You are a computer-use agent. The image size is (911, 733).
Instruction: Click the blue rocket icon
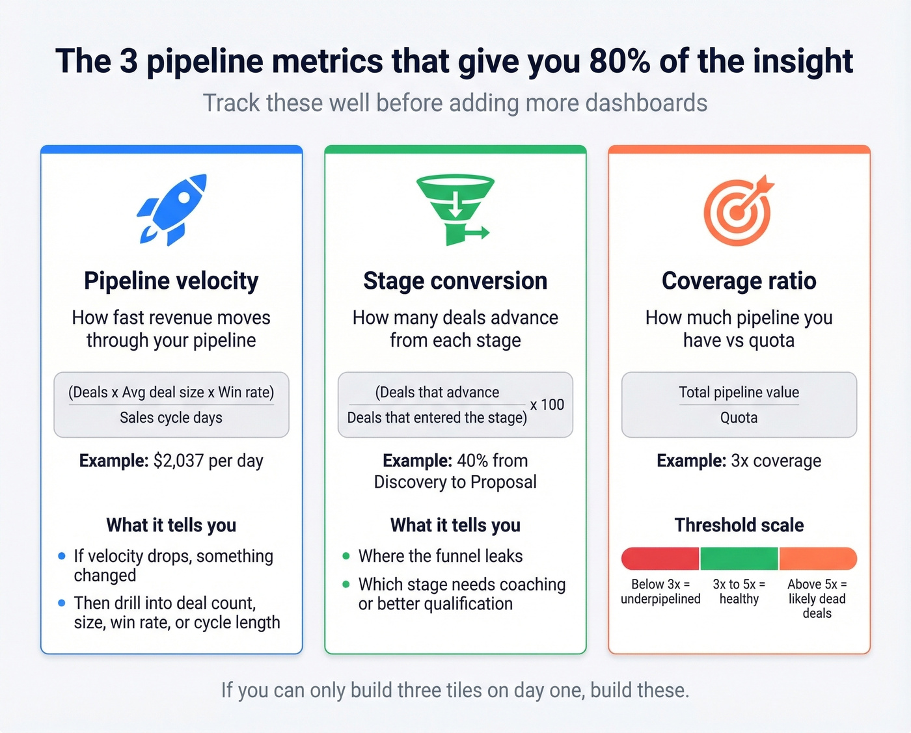(x=172, y=209)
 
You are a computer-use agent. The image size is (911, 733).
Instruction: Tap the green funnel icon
(x=454, y=209)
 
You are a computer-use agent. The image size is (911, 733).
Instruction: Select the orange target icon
(x=738, y=210)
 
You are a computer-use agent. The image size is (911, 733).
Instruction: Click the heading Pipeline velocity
(x=171, y=281)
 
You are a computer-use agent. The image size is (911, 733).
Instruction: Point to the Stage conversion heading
(x=455, y=281)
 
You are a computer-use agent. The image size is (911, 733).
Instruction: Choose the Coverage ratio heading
(x=739, y=281)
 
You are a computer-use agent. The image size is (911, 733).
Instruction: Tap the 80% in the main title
(x=619, y=62)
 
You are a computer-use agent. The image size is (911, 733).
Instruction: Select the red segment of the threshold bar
(x=660, y=559)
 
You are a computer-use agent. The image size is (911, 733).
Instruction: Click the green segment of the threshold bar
(x=739, y=559)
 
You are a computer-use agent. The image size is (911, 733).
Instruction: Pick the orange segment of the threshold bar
(x=817, y=559)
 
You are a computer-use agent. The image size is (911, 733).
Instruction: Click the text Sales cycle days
(x=171, y=418)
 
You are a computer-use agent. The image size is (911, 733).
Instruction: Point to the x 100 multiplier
(x=547, y=405)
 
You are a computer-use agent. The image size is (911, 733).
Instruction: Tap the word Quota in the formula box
(x=739, y=418)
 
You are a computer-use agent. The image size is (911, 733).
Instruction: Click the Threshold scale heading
(x=739, y=526)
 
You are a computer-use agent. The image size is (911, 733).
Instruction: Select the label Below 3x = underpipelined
(x=660, y=591)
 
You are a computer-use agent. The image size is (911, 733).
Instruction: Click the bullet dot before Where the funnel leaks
(x=346, y=556)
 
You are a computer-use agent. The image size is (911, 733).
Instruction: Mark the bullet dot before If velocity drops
(x=62, y=556)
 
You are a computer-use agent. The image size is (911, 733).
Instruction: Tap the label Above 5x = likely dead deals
(x=817, y=598)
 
